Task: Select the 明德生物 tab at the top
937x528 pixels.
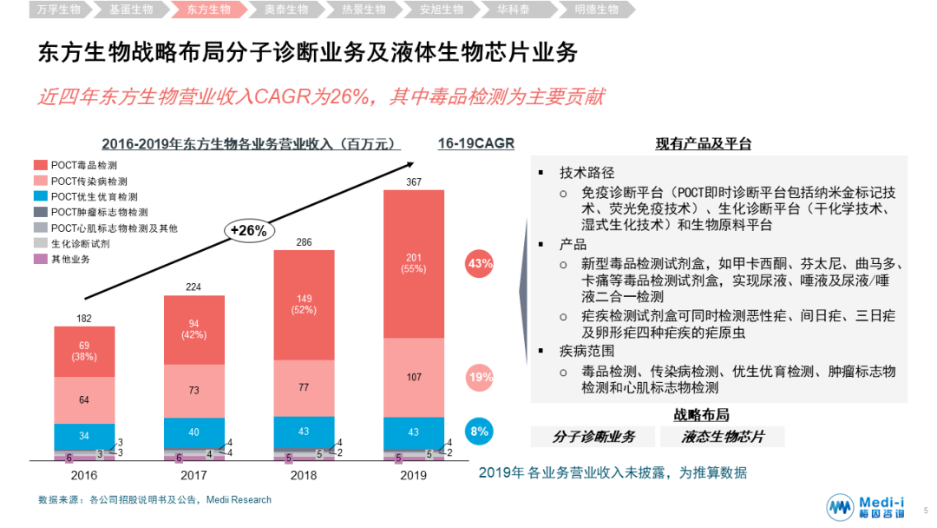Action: pyautogui.click(x=597, y=10)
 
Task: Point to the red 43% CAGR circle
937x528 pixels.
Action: pyautogui.click(x=480, y=262)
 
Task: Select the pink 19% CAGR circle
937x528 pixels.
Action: pyautogui.click(x=480, y=377)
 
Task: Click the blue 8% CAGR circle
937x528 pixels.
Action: pyautogui.click(x=480, y=431)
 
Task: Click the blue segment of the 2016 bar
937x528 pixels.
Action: pyautogui.click(x=84, y=436)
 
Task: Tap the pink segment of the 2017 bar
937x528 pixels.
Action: pyautogui.click(x=193, y=391)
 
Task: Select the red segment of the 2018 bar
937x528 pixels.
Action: pyautogui.click(x=303, y=305)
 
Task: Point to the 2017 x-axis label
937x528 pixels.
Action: pyautogui.click(x=193, y=475)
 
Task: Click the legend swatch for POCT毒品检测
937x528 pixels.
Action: pyautogui.click(x=40, y=165)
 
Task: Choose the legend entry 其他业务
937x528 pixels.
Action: pyautogui.click(x=69, y=259)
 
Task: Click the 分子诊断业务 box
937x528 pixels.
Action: pyautogui.click(x=593, y=437)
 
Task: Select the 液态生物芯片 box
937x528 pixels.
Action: pyautogui.click(x=722, y=437)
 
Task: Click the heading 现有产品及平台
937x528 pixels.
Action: pyautogui.click(x=703, y=143)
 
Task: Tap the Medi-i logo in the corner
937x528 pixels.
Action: pyautogui.click(x=868, y=508)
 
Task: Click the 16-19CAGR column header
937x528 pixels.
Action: pyautogui.click(x=475, y=143)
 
